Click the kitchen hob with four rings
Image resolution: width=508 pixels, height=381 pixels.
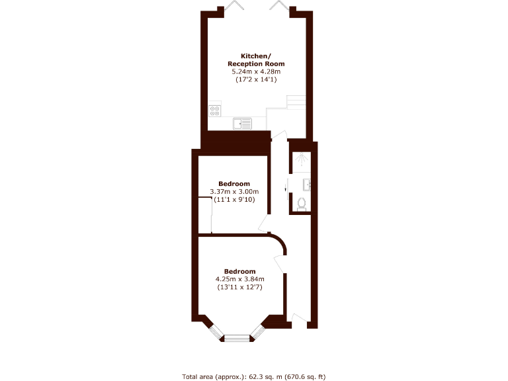214,110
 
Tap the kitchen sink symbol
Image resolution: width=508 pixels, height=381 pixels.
242,123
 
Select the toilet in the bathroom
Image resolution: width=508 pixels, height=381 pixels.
302,204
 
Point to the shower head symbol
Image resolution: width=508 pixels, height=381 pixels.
302,159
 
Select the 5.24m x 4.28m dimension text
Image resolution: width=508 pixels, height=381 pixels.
255,71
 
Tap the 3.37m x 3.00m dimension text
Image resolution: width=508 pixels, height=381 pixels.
234,192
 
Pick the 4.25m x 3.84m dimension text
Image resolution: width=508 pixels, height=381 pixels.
239,279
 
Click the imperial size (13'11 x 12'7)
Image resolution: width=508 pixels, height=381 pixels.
239,287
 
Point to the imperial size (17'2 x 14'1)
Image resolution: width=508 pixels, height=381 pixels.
255,79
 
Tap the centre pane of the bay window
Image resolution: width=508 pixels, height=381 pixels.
237,339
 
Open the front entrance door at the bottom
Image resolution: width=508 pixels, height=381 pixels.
298,321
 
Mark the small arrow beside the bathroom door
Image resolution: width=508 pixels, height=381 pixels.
285,189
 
